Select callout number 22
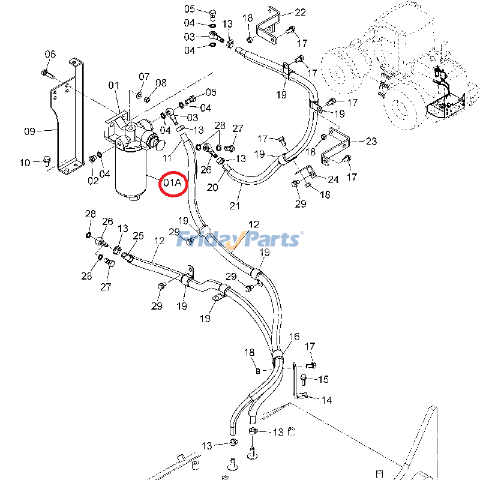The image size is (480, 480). pos(299,12)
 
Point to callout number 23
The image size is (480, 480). pos(371,142)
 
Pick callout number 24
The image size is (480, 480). pos(332,179)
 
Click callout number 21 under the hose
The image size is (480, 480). pos(235,206)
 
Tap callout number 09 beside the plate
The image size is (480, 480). pos(30,130)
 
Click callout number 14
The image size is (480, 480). pos(327,400)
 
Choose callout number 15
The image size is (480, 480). pos(323,379)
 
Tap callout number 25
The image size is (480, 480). pos(138,236)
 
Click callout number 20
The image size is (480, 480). pos(212,187)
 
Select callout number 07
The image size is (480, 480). pos(144,77)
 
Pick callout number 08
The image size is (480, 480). pos(161,82)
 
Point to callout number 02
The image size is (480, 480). pos(93,179)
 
